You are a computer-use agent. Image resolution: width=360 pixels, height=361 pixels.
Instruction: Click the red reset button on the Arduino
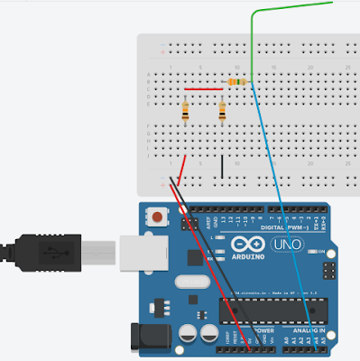(x=160, y=217)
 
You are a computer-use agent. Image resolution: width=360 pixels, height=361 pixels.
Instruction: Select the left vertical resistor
(x=186, y=113)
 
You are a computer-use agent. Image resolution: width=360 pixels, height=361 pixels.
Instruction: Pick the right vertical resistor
(x=222, y=113)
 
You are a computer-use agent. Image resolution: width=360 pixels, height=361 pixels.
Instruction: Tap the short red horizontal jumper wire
(x=204, y=89)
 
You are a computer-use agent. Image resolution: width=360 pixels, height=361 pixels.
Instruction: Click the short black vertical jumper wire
(x=223, y=165)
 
